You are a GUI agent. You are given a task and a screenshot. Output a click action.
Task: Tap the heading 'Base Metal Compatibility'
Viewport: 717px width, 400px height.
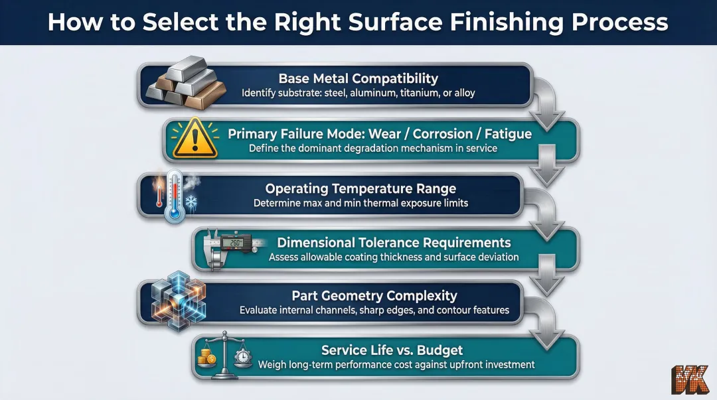pyautogui.click(x=358, y=78)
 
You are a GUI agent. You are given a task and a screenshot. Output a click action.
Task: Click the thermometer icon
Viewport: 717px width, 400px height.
pyautogui.click(x=174, y=194)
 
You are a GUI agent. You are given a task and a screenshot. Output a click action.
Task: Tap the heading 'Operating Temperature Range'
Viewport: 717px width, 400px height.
pyautogui.click(x=360, y=189)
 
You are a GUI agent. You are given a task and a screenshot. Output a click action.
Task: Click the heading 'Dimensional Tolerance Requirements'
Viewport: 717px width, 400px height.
pyautogui.click(x=394, y=242)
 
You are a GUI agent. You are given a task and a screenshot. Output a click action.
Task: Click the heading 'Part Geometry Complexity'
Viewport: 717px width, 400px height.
pyautogui.click(x=374, y=296)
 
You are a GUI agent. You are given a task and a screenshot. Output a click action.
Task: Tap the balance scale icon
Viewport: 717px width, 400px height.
pyautogui.click(x=225, y=356)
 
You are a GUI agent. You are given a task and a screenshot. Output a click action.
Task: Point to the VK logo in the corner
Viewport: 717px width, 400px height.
pyautogui.click(x=691, y=380)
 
